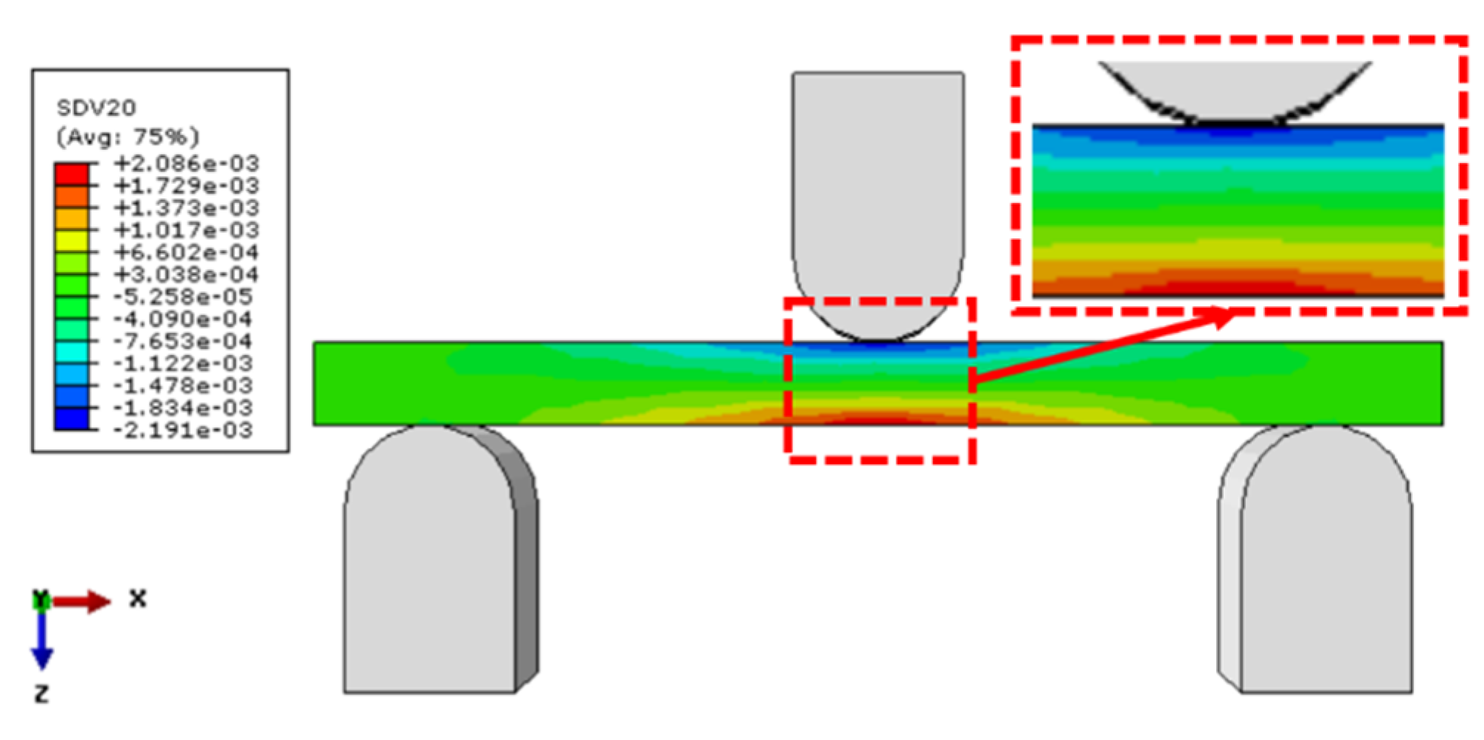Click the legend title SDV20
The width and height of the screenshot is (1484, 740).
pos(97,108)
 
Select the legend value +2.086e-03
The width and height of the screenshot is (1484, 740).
pos(187,163)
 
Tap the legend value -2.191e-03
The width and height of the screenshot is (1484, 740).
pos(183,430)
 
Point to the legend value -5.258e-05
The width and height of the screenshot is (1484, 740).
pos(183,297)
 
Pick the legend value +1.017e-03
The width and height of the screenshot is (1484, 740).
pos(187,230)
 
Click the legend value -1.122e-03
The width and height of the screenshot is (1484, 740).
pos(183,364)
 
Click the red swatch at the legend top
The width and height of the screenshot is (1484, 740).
pos(72,175)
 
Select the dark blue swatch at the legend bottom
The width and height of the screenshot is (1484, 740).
pos(72,418)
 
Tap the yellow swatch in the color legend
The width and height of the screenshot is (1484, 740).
pos(72,241)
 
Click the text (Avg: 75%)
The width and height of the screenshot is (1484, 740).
pos(128,137)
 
